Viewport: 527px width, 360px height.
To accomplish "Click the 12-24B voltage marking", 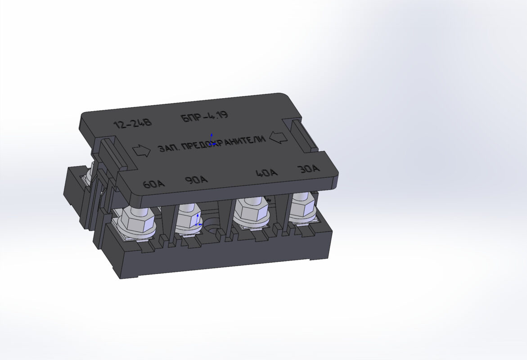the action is [133, 123].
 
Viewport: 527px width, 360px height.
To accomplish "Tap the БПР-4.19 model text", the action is [204, 116].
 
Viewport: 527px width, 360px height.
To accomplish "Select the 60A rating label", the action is [154, 184].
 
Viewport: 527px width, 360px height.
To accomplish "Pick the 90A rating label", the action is [196, 180].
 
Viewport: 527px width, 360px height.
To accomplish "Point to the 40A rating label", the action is [266, 173].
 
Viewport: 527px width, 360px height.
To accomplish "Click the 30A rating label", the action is [309, 168].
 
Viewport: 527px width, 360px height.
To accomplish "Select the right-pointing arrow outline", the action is [141, 151].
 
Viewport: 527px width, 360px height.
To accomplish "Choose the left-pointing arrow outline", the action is [278, 137].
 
